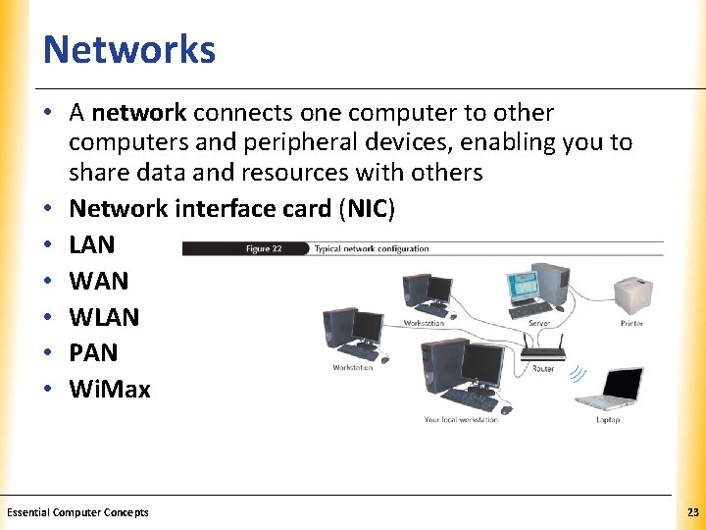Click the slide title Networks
click(129, 49)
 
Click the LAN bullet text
click(92, 244)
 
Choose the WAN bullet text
click(98, 281)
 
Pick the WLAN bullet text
click(104, 317)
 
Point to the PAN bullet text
click(93, 352)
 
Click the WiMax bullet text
click(110, 390)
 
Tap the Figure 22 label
click(264, 249)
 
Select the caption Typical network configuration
click(372, 249)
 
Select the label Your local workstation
click(461, 420)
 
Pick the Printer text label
click(631, 323)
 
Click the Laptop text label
click(608, 420)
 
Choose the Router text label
click(543, 369)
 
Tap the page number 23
click(692, 512)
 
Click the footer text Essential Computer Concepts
click(77, 512)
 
